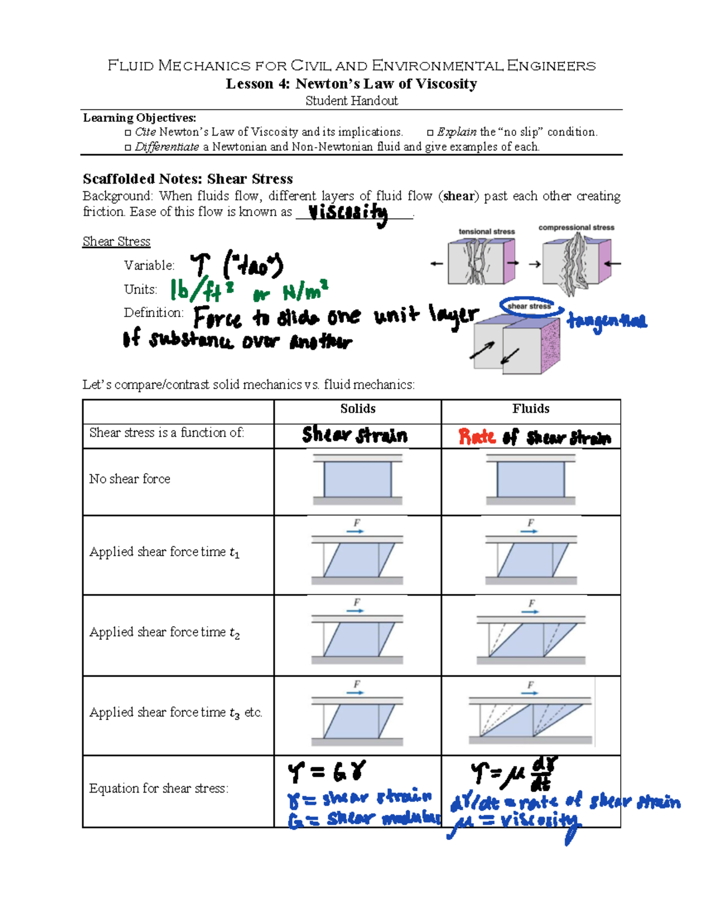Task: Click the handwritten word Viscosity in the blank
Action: (x=348, y=213)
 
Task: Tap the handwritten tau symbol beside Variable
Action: (x=199, y=266)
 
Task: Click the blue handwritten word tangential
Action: (x=607, y=321)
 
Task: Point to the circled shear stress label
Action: (x=529, y=306)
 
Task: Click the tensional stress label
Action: (x=486, y=232)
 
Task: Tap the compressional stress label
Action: (x=576, y=227)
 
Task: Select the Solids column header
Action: (x=358, y=409)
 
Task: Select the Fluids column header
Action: (x=530, y=409)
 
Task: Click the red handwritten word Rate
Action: (x=477, y=437)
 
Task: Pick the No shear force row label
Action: (x=130, y=479)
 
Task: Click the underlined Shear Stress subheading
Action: (x=116, y=242)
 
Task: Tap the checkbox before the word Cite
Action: (x=128, y=133)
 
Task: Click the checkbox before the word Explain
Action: (x=430, y=133)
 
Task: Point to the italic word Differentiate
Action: (x=167, y=147)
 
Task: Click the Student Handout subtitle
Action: (x=351, y=101)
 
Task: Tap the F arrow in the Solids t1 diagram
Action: (x=356, y=528)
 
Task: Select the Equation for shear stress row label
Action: (x=159, y=788)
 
